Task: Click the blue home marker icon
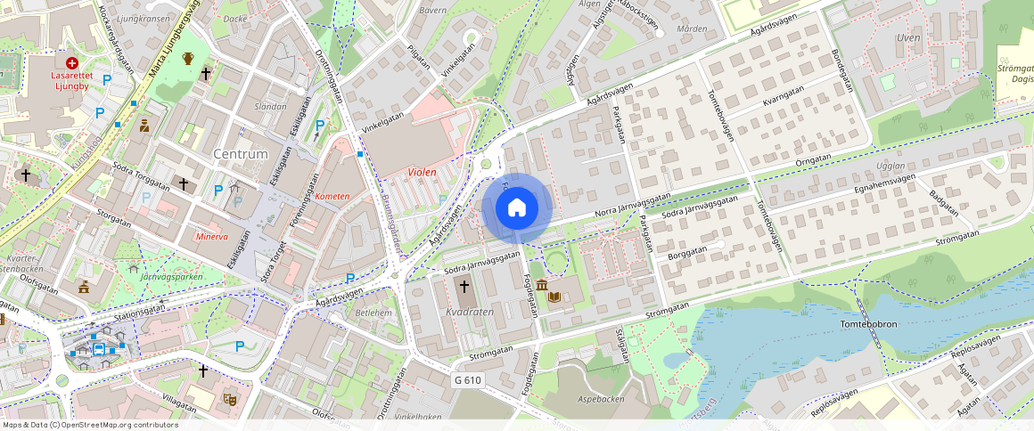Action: pos(517,207)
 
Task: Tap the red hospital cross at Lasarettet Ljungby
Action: pos(72,63)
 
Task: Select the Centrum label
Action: pos(241,154)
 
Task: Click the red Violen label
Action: pos(423,172)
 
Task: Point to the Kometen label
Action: pos(333,196)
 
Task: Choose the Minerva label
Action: pos(212,237)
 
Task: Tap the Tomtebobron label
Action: pos(868,324)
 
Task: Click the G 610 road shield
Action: pos(467,380)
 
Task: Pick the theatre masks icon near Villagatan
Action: pos(229,400)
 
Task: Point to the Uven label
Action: pos(907,38)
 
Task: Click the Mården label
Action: pos(692,28)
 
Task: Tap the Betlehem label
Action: pos(373,313)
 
